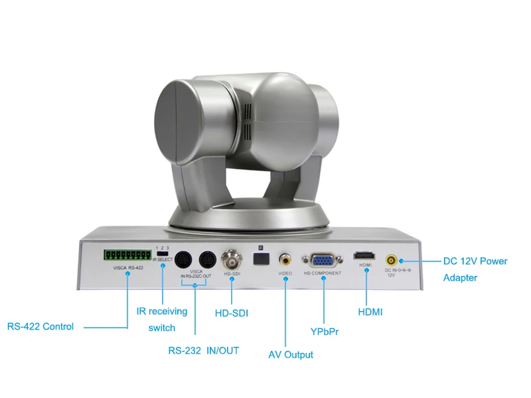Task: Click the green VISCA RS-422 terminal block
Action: [x=127, y=255]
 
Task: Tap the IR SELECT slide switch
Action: [x=162, y=254]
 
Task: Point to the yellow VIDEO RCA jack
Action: [x=285, y=258]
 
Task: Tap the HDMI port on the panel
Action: [x=365, y=256]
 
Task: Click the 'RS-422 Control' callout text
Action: [x=40, y=326]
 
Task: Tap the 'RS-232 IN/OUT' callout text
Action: [x=203, y=350]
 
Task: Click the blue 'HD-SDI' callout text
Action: [x=232, y=312]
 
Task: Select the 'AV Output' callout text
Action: [x=291, y=355]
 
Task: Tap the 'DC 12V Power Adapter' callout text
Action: [x=475, y=269]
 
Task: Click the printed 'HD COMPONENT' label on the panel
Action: [x=323, y=273]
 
